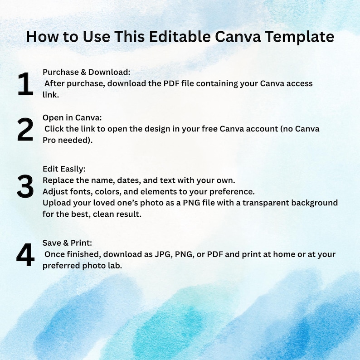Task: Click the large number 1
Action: [25, 84]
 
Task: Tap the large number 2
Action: [25, 129]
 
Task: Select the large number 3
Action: [25, 186]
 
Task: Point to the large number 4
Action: [25, 255]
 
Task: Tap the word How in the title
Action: [42, 37]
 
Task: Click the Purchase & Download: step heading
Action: [86, 72]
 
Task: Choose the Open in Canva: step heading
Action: [72, 117]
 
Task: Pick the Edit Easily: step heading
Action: [64, 169]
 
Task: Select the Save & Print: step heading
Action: [67, 243]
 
